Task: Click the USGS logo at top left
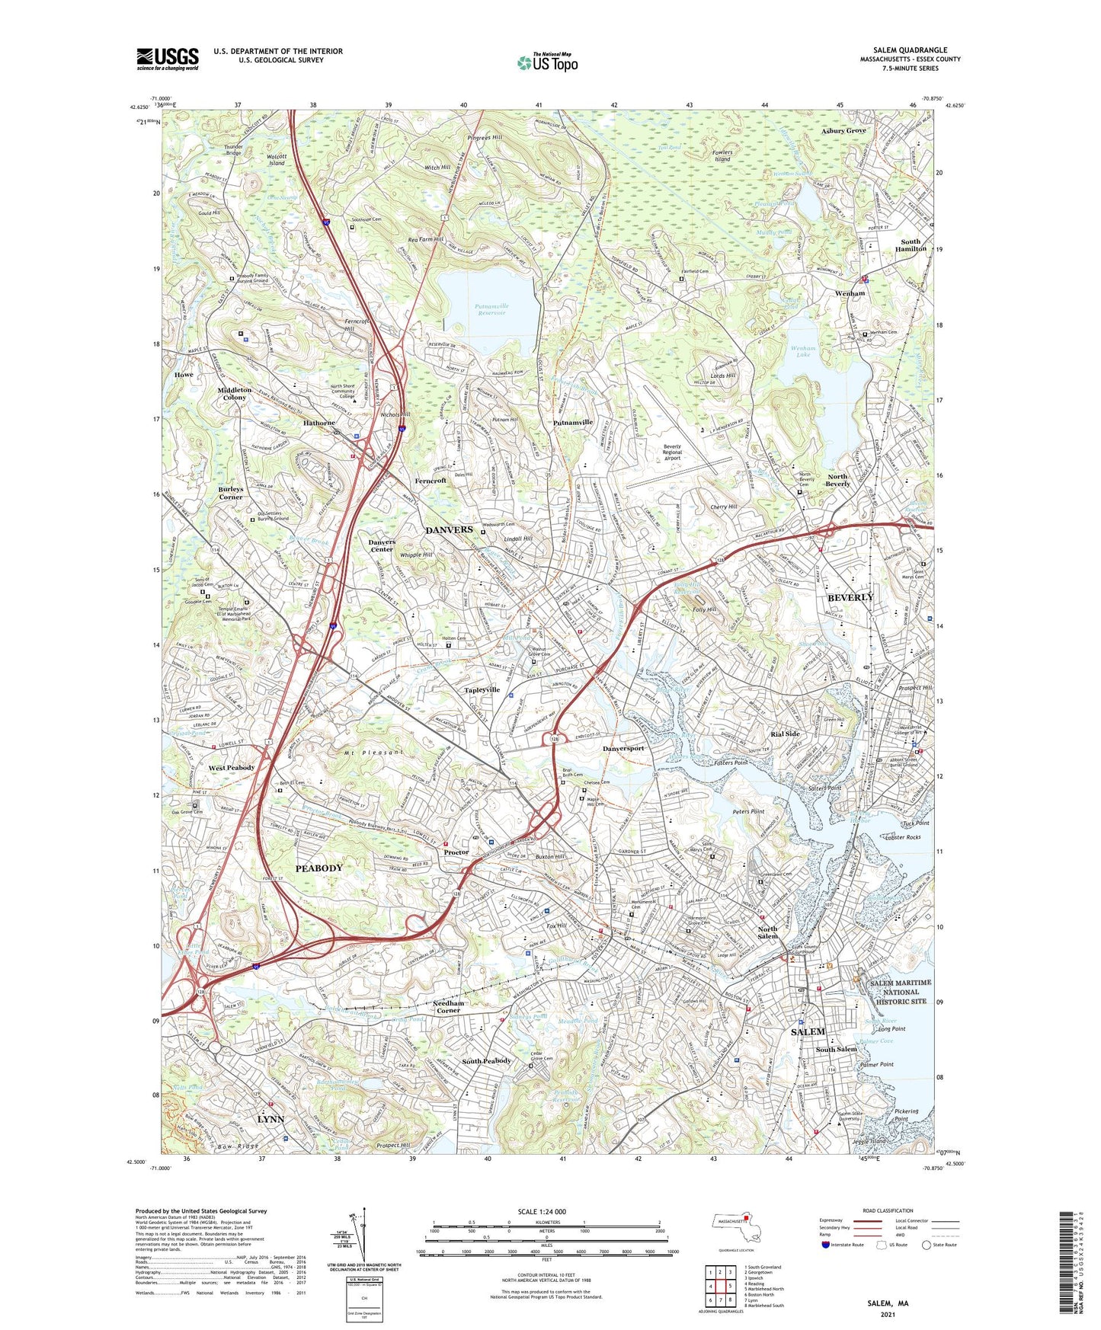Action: [168, 58]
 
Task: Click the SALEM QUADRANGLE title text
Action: [911, 50]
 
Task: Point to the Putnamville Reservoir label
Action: [491, 309]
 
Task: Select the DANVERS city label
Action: [449, 529]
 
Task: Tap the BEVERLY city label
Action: [850, 597]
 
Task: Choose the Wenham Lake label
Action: [803, 352]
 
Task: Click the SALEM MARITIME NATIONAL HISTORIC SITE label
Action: [901, 993]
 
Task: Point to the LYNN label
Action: [270, 1119]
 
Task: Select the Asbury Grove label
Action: [843, 131]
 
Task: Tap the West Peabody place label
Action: [232, 768]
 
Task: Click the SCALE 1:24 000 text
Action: [542, 1212]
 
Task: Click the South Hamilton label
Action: [911, 245]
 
